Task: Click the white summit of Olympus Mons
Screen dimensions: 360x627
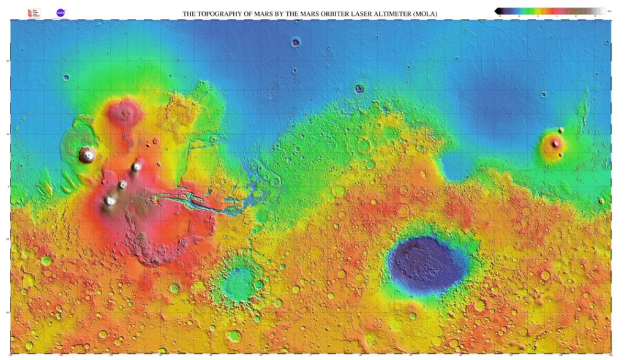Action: pos(88,154)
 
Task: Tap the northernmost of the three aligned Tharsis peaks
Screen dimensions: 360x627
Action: pos(137,166)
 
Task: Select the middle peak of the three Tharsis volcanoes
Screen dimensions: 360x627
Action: pos(122,184)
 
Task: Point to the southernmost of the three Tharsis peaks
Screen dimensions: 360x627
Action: pos(110,201)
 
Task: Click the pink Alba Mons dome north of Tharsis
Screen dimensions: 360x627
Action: pos(126,111)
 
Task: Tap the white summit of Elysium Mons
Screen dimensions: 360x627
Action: pos(555,143)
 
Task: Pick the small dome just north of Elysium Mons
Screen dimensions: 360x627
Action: pos(561,130)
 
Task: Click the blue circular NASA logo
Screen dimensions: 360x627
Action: pos(61,12)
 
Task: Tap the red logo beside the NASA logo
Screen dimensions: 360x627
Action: pos(32,12)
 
